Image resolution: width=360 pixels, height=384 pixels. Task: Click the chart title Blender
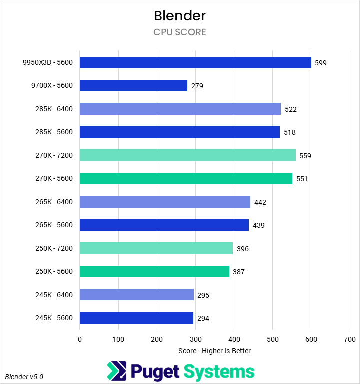tap(179, 15)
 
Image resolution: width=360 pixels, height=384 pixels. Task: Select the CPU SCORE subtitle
tap(179, 32)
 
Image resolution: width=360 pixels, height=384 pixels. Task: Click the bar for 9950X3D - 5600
tap(195, 62)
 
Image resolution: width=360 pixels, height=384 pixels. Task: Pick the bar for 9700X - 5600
tap(133, 85)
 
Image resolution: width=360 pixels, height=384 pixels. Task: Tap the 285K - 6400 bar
tap(180, 109)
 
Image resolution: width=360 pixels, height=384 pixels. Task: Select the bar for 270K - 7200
tap(188, 155)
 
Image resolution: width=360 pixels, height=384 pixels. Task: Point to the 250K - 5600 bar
tap(154, 271)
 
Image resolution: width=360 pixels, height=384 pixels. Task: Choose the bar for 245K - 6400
tap(137, 295)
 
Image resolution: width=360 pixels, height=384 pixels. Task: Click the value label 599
tap(321, 63)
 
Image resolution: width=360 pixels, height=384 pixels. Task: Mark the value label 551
tap(302, 179)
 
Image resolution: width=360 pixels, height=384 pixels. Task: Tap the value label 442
tap(260, 202)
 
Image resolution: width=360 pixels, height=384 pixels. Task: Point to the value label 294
tap(203, 318)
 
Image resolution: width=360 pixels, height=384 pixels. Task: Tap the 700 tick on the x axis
tap(350, 340)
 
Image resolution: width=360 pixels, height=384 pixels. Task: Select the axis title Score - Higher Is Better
tap(214, 351)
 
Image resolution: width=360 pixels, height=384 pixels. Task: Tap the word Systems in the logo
tap(218, 371)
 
